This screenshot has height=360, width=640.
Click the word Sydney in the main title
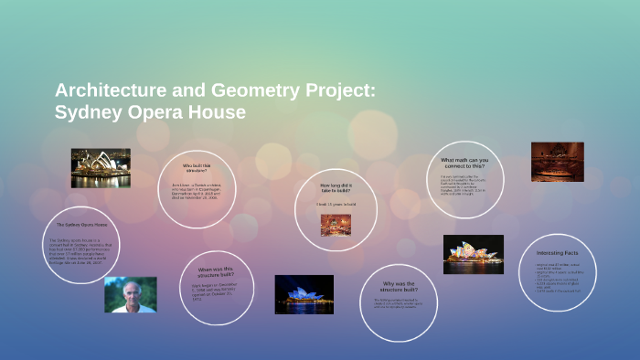point(88,113)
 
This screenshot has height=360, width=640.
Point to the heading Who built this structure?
point(195,169)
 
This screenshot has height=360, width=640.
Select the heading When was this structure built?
point(217,272)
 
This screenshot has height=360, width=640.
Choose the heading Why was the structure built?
point(400,286)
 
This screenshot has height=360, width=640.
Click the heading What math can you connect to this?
point(465,163)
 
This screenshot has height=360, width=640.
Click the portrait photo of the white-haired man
point(130,295)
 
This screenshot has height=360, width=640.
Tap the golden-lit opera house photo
point(101,167)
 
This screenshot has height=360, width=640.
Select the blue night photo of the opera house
point(304,294)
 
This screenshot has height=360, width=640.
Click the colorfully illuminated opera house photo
point(473,254)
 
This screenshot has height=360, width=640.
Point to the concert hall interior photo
point(557,161)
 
